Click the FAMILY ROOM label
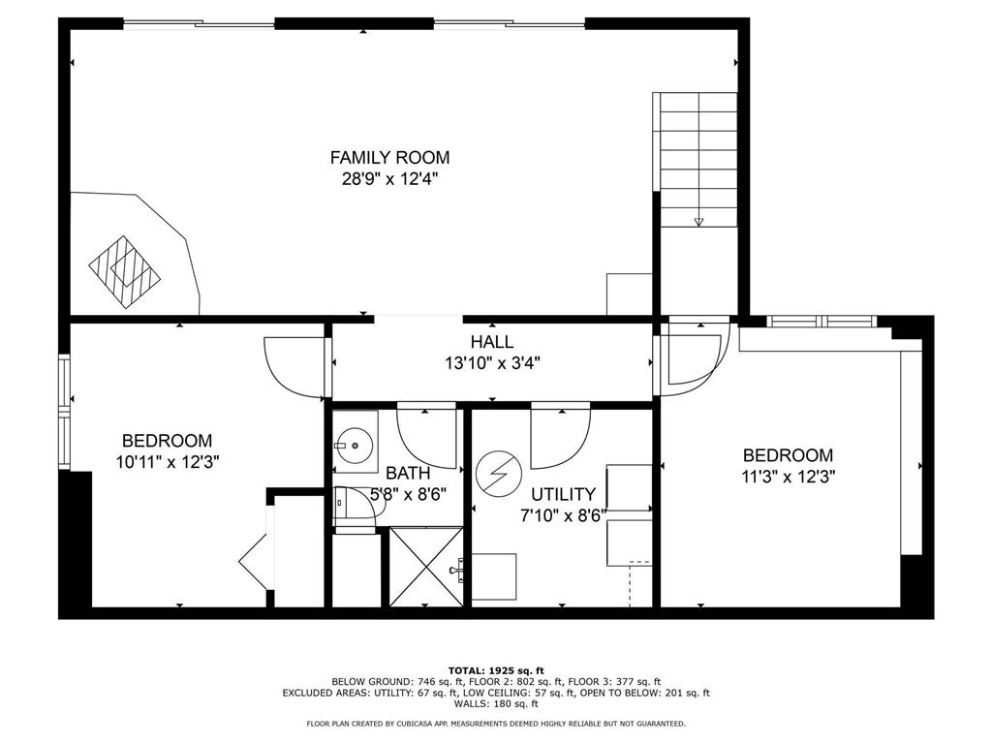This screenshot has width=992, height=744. pos(389,157)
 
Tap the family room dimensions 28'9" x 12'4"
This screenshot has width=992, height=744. pos(389,178)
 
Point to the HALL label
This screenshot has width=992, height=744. pos(491,342)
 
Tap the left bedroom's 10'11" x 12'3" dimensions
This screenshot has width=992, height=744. pos(166,462)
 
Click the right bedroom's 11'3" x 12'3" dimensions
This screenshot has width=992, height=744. pos(787,477)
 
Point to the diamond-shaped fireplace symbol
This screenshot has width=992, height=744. pos(124,269)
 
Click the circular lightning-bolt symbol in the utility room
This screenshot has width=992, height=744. pos(497,473)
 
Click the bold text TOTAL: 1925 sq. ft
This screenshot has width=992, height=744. pos(496,669)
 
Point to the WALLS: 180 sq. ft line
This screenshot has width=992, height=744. pos(496,704)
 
